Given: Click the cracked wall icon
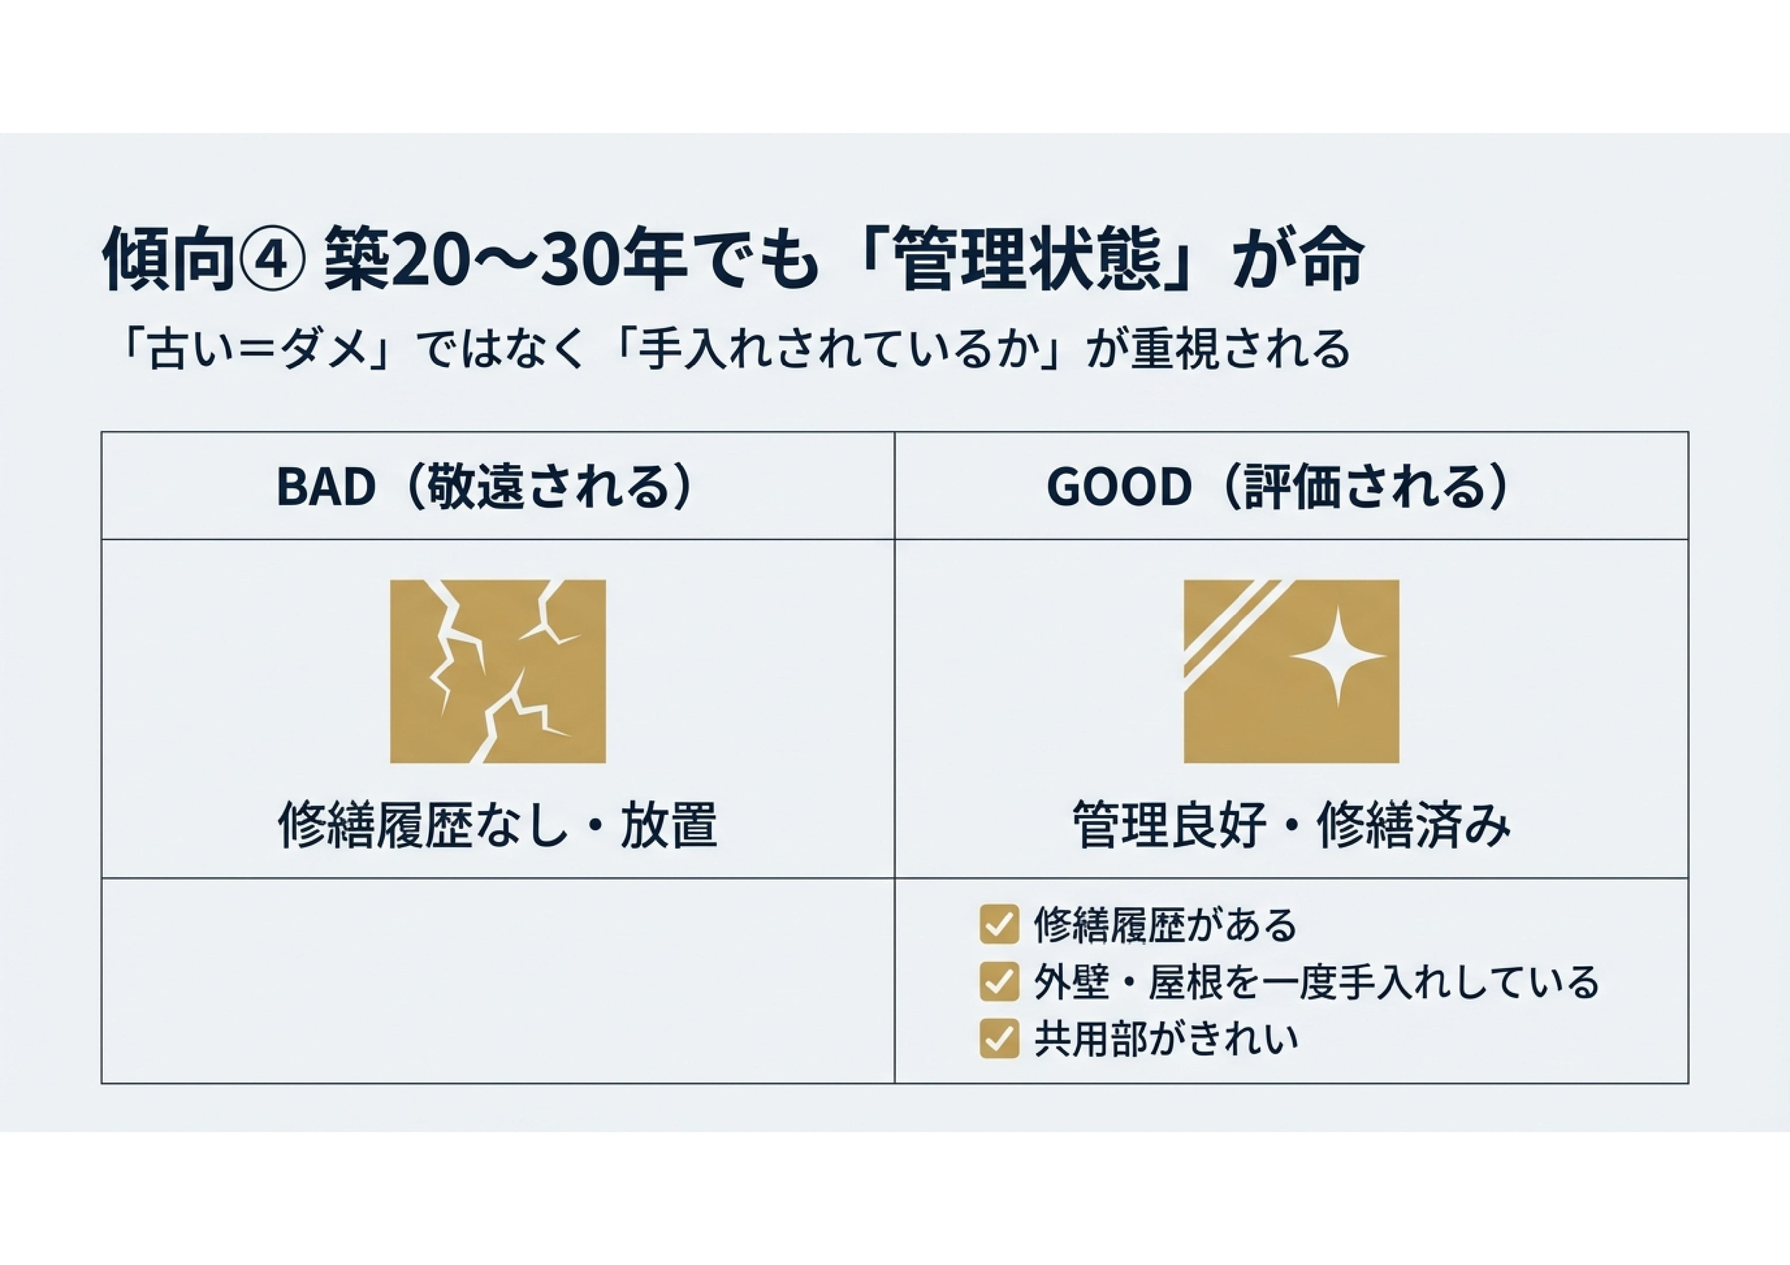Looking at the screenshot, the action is [x=497, y=671].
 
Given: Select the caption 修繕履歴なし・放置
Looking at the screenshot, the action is [x=497, y=825].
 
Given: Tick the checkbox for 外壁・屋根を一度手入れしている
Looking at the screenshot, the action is [x=999, y=981].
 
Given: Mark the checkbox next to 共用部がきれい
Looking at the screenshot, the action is [x=999, y=1038].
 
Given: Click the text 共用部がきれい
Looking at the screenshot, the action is [x=1165, y=1038].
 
